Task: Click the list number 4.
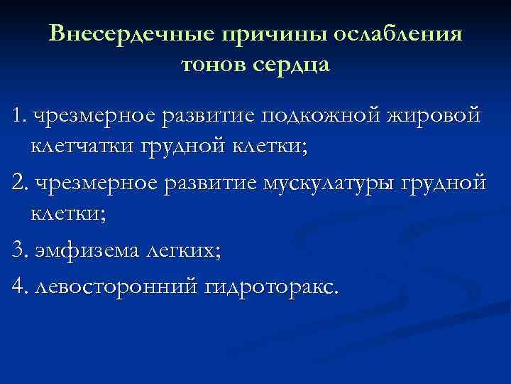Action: point(19,286)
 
